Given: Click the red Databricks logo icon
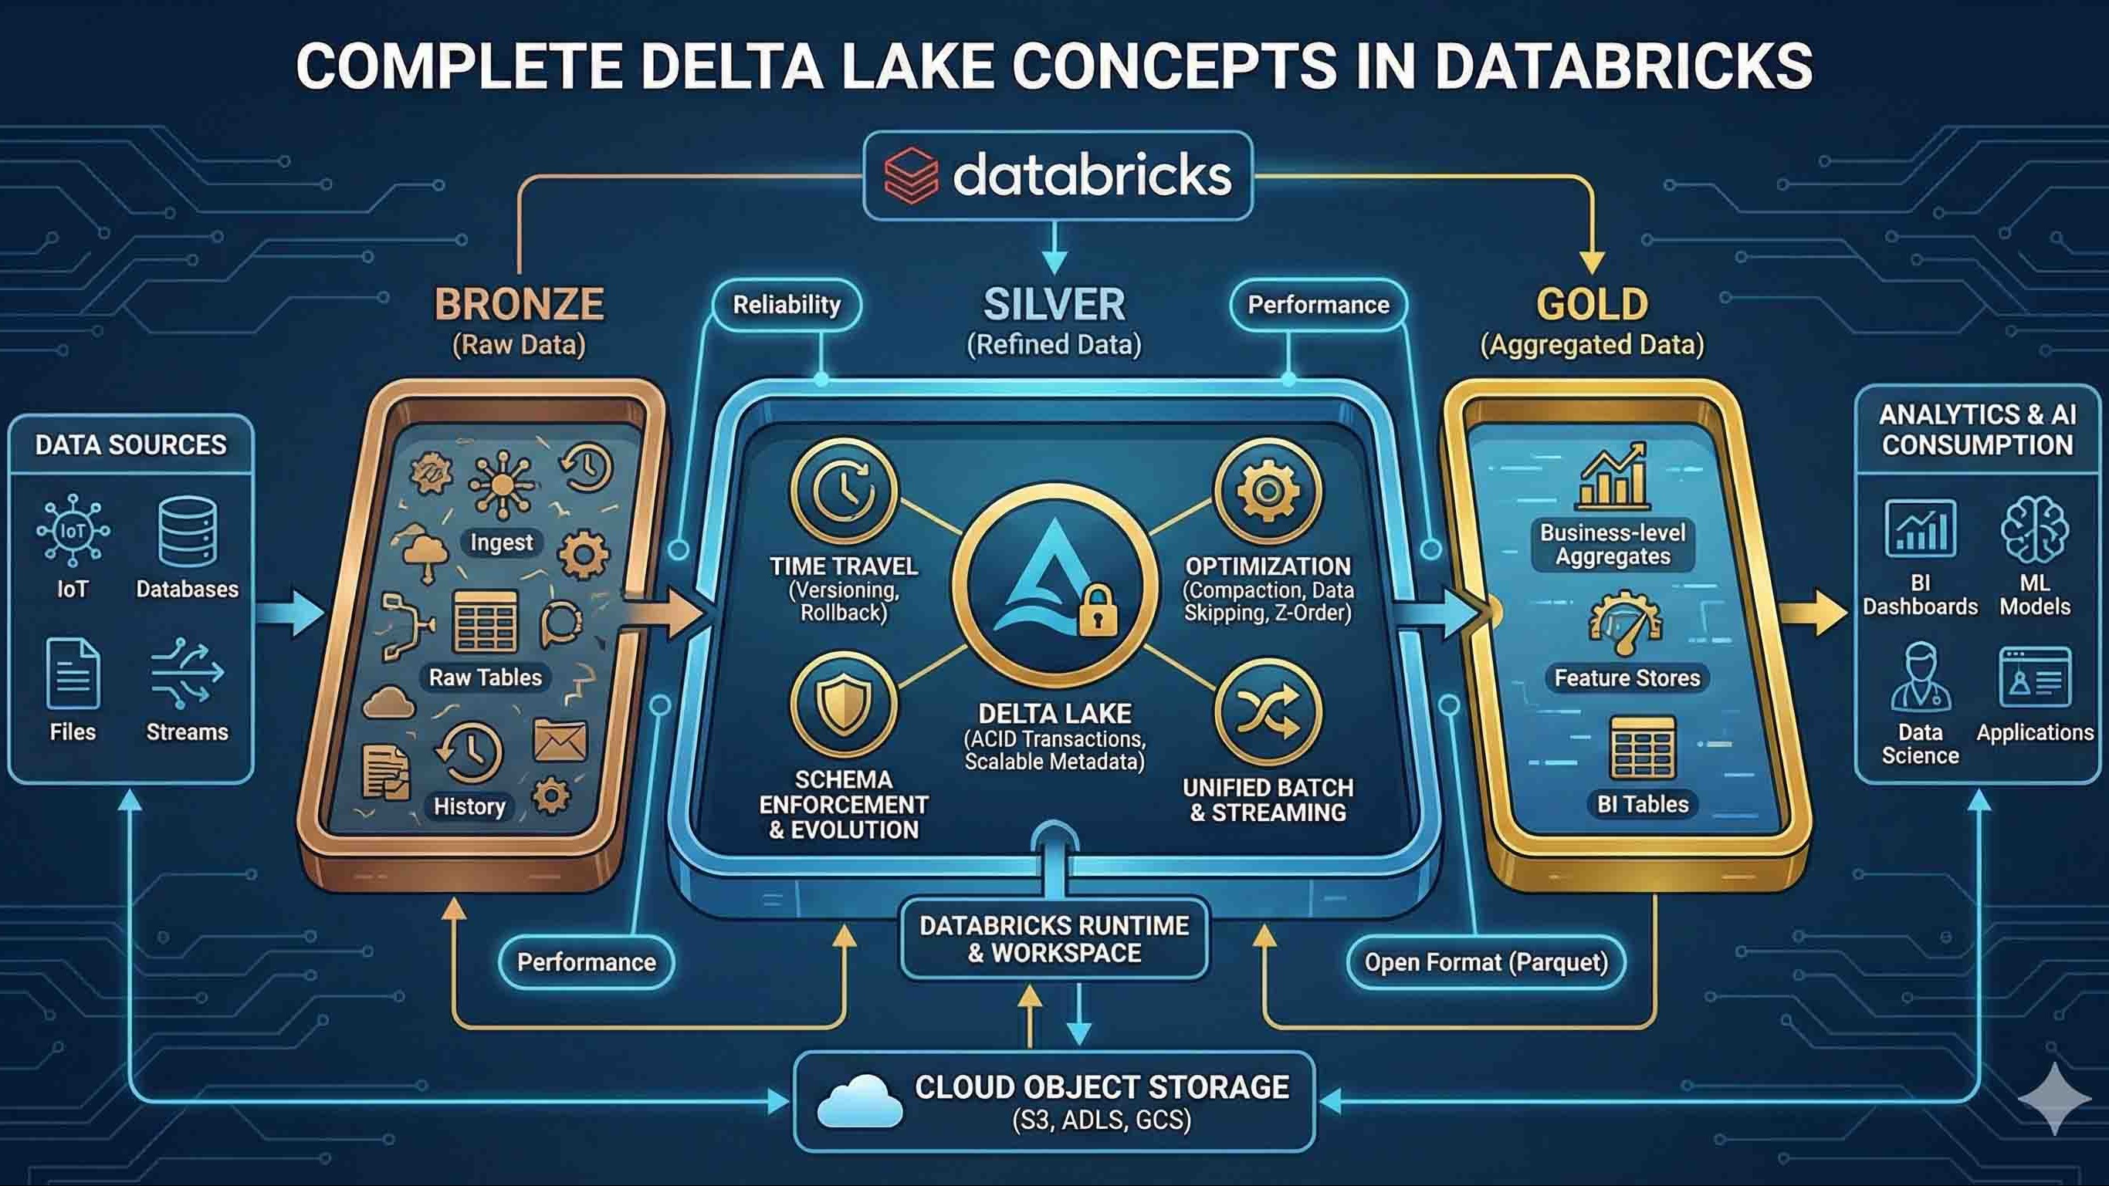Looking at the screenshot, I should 910,175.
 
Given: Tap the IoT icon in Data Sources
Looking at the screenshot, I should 73,530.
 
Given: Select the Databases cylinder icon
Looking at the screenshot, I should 188,531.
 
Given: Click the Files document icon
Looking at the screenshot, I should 73,674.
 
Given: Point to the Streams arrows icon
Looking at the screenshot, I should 187,674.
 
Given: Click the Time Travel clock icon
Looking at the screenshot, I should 843,491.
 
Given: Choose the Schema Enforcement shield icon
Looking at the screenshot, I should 843,705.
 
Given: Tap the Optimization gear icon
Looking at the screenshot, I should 1268,491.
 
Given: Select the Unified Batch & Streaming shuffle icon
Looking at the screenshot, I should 1268,711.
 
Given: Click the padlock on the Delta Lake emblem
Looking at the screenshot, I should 1098,610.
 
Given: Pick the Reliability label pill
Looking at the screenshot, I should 787,306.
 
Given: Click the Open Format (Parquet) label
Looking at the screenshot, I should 1486,962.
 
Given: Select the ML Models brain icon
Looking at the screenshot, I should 2034,531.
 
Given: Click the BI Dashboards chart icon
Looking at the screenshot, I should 1921,529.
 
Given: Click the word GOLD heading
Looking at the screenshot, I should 1592,305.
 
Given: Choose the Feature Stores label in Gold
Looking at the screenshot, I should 1627,677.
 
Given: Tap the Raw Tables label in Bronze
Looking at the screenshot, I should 486,677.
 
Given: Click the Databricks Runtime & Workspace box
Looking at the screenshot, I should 1054,939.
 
